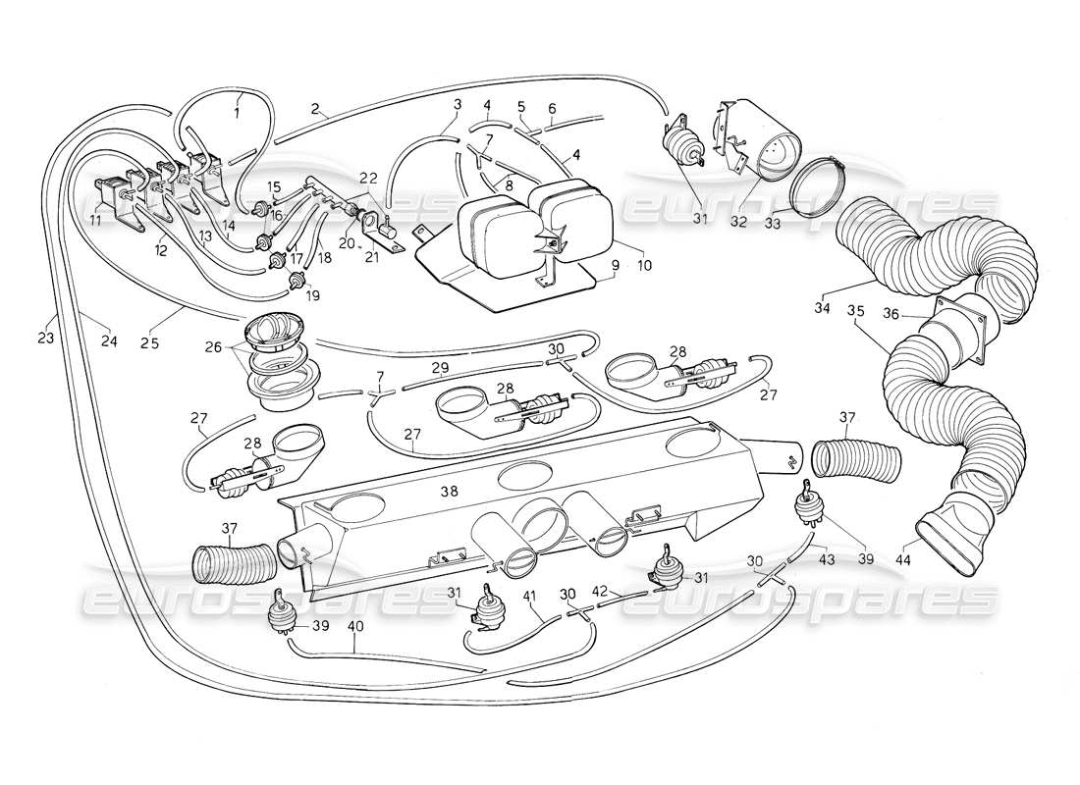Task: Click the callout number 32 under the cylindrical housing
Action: (x=738, y=222)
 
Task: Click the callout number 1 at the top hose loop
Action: (x=236, y=112)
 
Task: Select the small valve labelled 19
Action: (x=294, y=282)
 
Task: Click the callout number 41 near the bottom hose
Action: (x=530, y=595)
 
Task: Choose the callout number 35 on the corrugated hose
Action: (x=856, y=311)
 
